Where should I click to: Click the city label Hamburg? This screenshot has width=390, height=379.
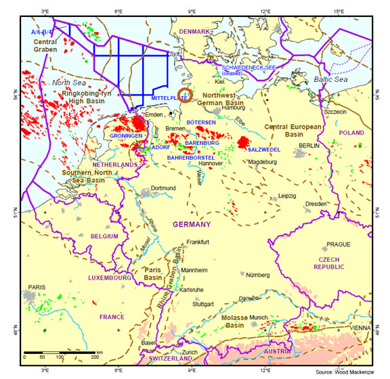(233, 108)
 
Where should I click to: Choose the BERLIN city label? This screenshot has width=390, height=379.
(309, 146)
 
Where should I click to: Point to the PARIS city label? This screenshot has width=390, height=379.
(31, 286)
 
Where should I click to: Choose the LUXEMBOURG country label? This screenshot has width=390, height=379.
(108, 277)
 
